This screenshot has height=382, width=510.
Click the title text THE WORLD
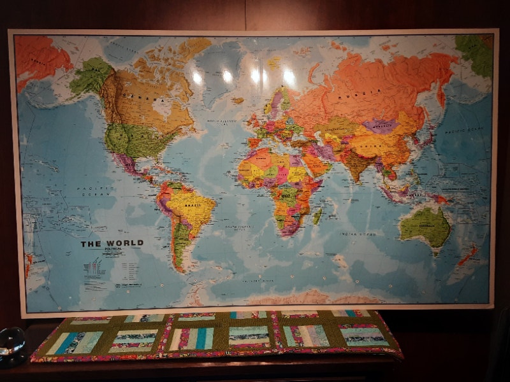click(x=112, y=243)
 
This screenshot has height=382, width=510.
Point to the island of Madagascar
click(x=317, y=216)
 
